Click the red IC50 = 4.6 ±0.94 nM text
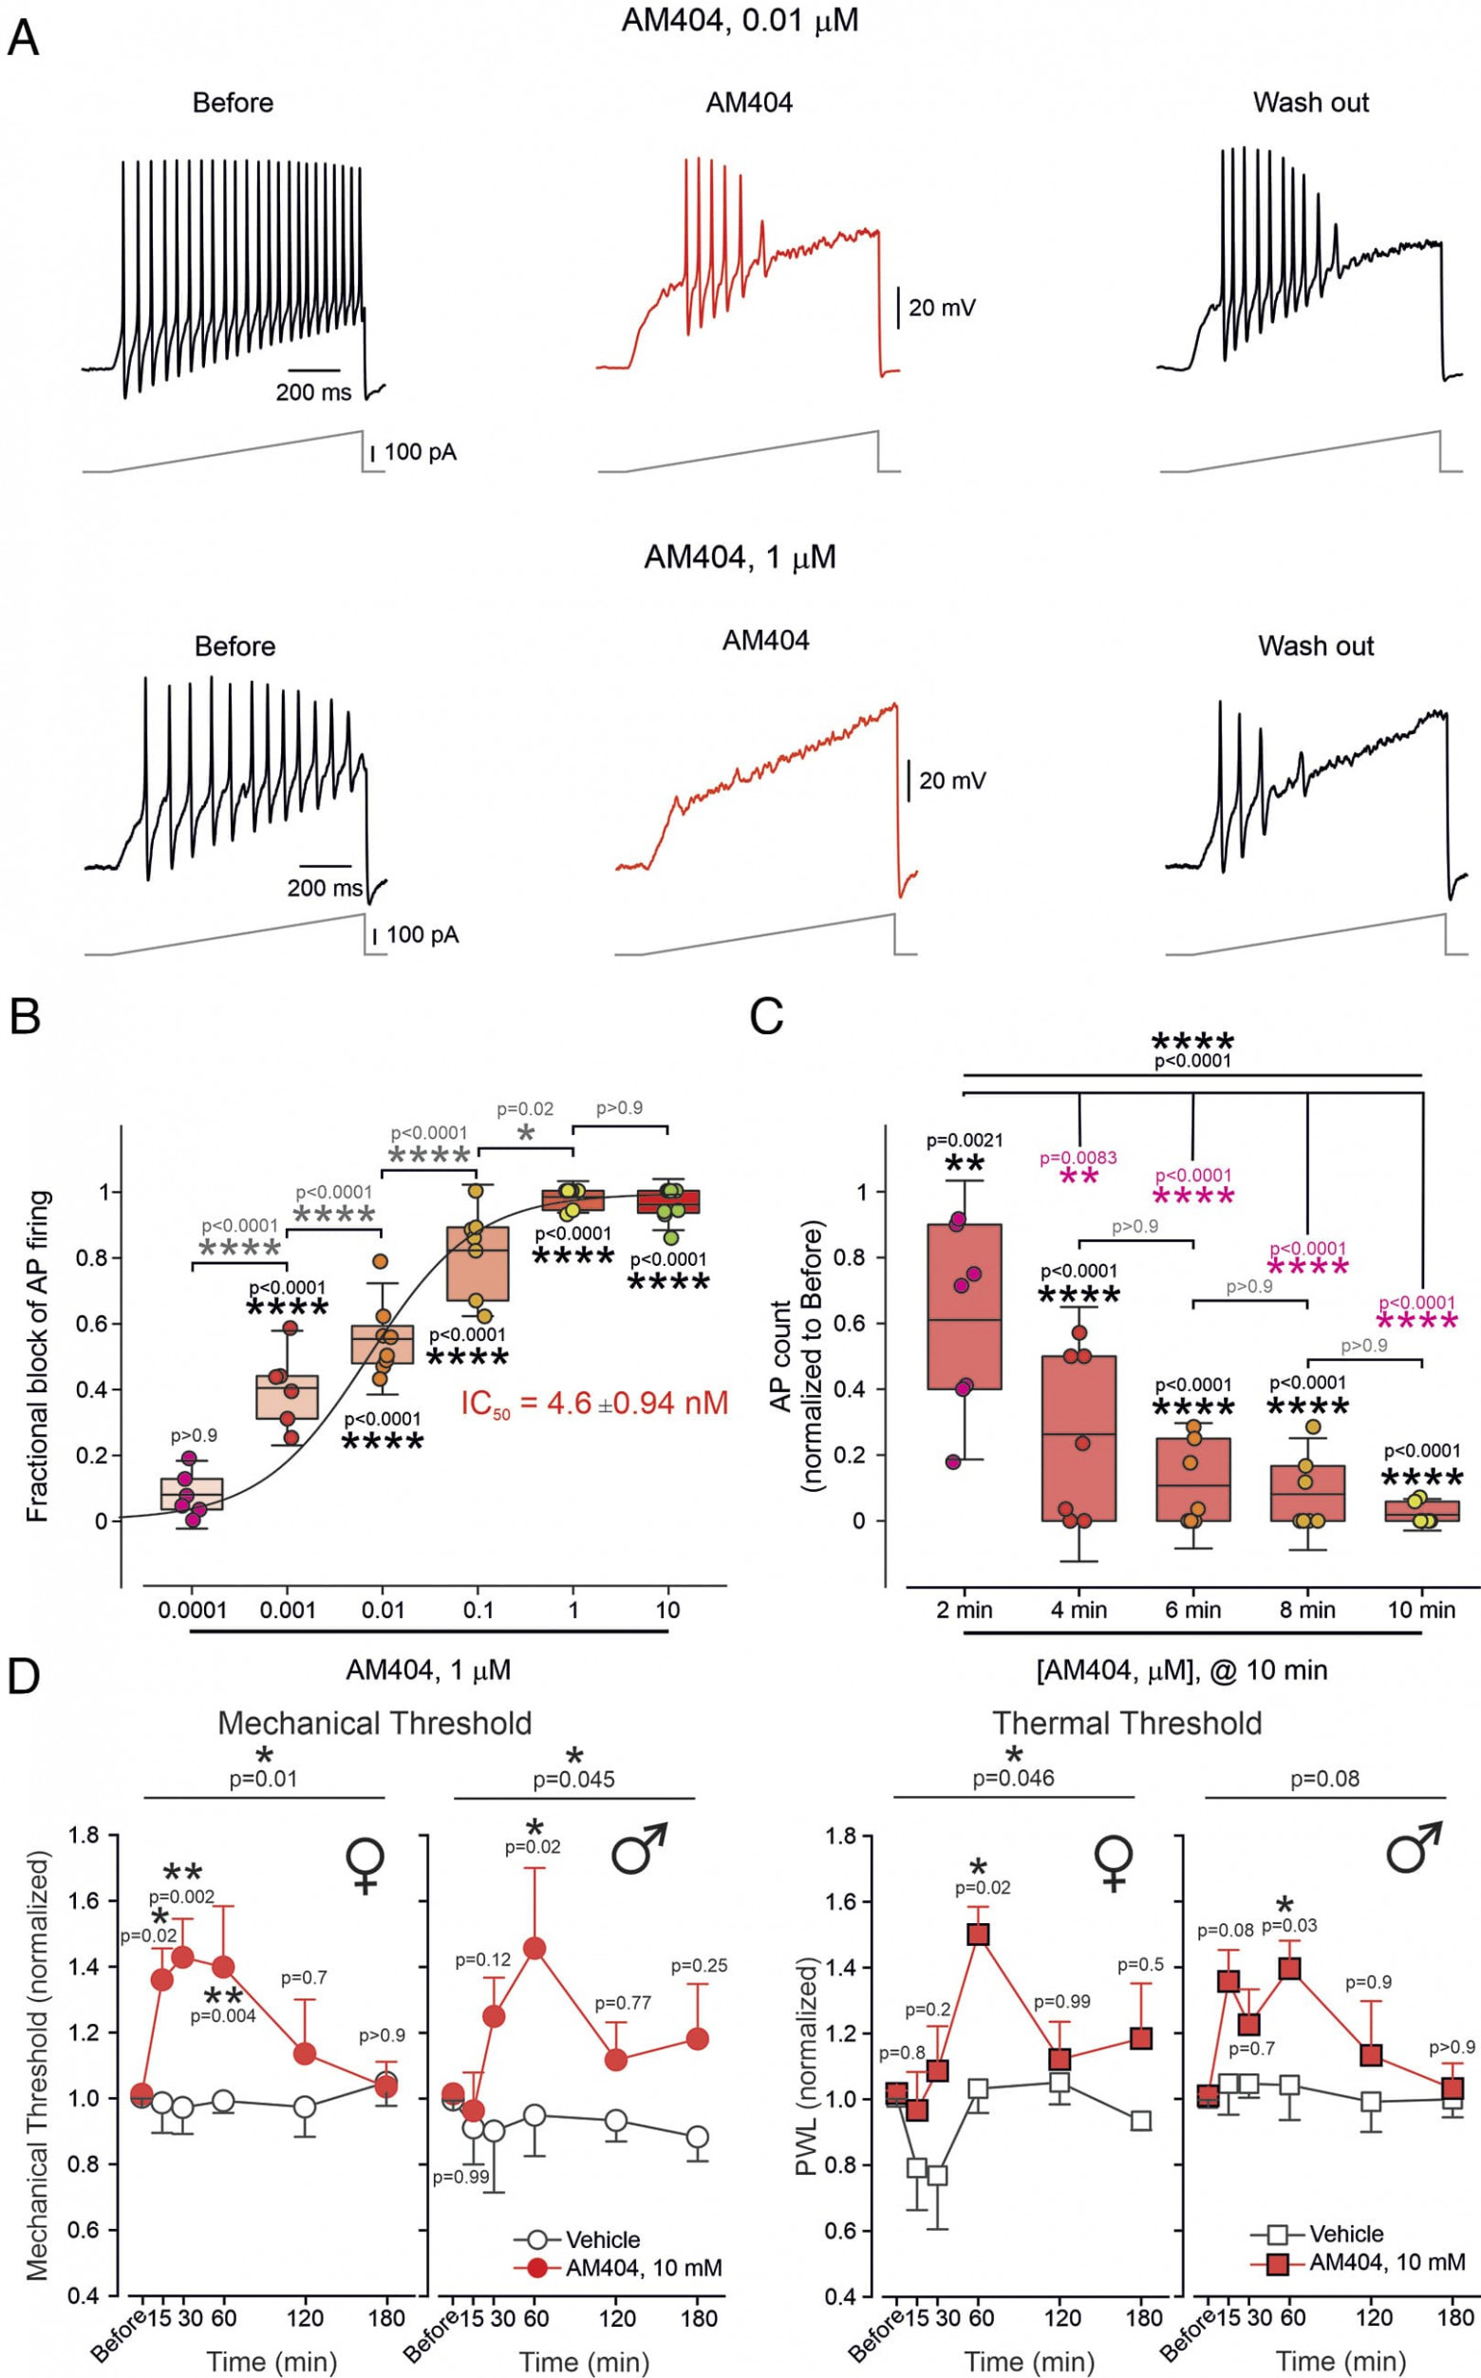[594, 1403]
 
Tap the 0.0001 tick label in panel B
[192, 1609]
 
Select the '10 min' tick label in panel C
[1421, 1609]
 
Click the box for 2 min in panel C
[964, 1306]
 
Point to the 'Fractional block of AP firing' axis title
[37, 1356]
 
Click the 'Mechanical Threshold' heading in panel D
[374, 1723]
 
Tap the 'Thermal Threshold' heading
[1127, 1723]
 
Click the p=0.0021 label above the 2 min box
[964, 1141]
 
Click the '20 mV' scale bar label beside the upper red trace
[942, 308]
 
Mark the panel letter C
[765, 1017]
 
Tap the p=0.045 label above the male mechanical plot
[574, 1780]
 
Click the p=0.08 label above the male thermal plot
[1324, 1779]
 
